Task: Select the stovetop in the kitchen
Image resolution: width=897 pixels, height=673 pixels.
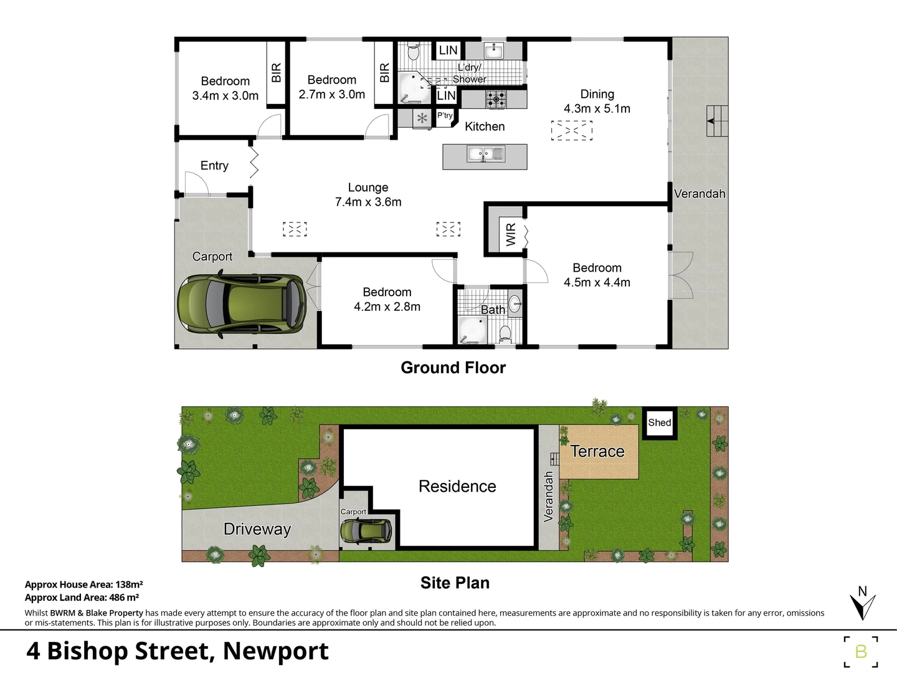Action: pyautogui.click(x=496, y=98)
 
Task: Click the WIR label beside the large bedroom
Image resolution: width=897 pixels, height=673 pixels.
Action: pyautogui.click(x=511, y=234)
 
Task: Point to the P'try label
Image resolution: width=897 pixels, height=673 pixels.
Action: pyautogui.click(x=445, y=115)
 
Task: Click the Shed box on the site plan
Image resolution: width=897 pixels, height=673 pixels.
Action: pyautogui.click(x=659, y=422)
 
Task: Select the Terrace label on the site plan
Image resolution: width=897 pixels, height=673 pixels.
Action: pyautogui.click(x=597, y=451)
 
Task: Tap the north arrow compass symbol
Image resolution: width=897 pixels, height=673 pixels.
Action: pyautogui.click(x=863, y=604)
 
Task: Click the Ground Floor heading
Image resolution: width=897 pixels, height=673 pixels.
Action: pyautogui.click(x=453, y=368)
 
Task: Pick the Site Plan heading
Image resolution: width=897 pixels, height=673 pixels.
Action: pyautogui.click(x=455, y=583)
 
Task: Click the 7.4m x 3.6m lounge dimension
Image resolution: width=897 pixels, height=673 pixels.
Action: pyautogui.click(x=368, y=202)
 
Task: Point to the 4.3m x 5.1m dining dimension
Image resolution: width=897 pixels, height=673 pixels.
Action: pyautogui.click(x=597, y=108)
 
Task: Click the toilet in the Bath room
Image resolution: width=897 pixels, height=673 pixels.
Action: pyautogui.click(x=505, y=334)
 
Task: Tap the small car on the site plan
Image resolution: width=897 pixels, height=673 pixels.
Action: pyautogui.click(x=366, y=531)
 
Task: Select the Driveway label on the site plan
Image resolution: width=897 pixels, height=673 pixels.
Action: pyautogui.click(x=257, y=529)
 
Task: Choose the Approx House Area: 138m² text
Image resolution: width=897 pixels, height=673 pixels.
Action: pyautogui.click(x=83, y=585)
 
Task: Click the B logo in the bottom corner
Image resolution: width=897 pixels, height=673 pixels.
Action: pyautogui.click(x=861, y=652)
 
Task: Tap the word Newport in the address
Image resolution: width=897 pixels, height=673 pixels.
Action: pyautogui.click(x=275, y=651)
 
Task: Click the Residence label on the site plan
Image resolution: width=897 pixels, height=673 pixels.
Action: pyautogui.click(x=457, y=486)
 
